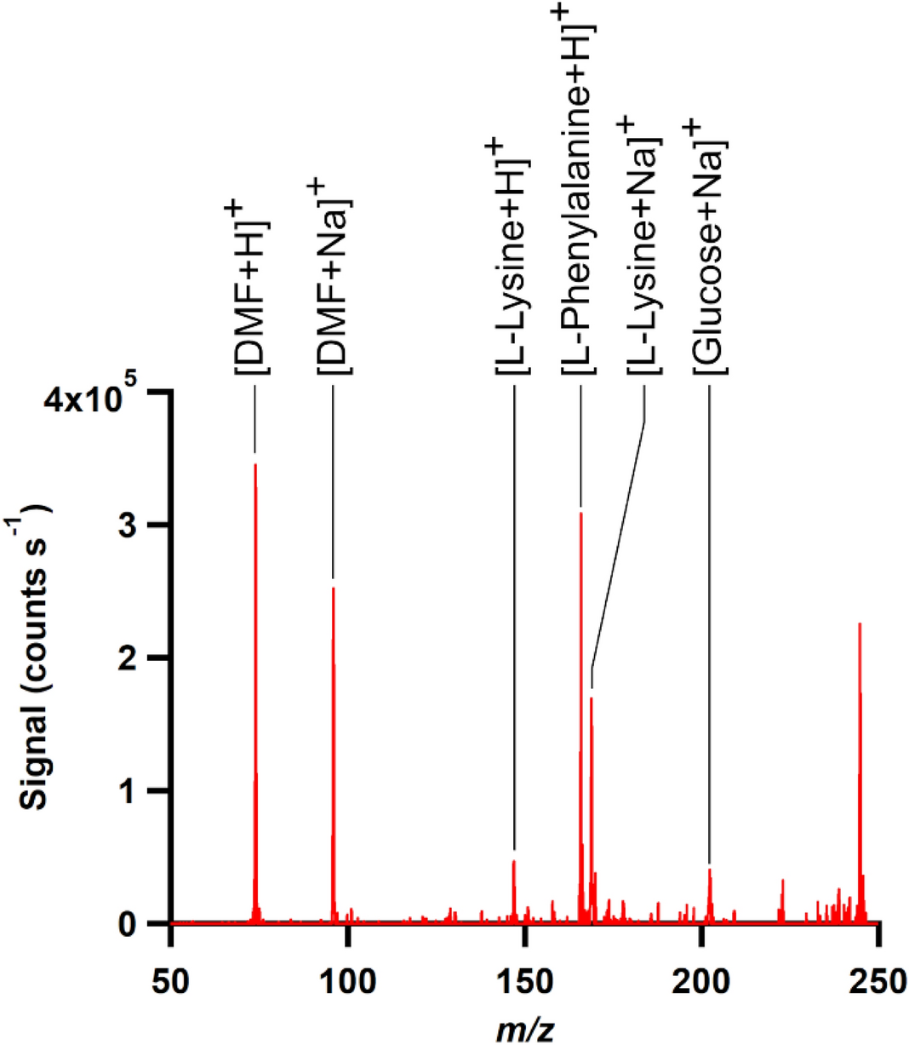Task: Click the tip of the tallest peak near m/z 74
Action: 255,465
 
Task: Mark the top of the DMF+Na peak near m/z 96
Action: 333,589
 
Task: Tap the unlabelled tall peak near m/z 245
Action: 860,624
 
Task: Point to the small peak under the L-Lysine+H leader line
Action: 514,862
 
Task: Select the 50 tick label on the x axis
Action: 171,982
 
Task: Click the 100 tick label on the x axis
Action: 347,982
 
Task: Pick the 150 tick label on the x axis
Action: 524,982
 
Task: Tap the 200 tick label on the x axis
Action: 701,982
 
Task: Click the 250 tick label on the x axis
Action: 878,982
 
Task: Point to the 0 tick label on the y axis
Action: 127,924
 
